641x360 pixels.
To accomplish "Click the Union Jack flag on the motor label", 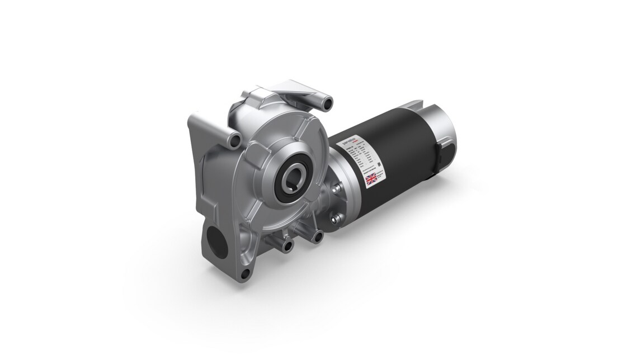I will [x=371, y=179].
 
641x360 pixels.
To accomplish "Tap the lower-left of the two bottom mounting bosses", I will [x=288, y=245].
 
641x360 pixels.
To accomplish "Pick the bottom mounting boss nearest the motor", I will [x=318, y=238].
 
